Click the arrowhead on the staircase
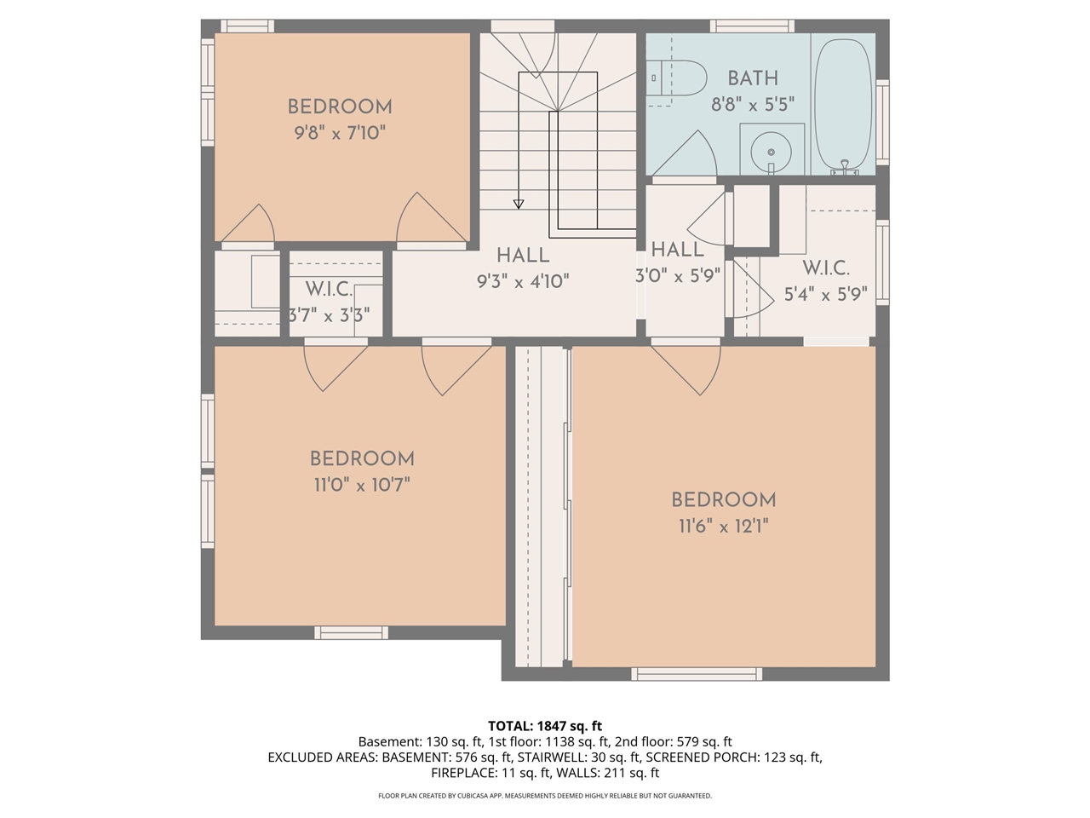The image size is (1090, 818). click(519, 204)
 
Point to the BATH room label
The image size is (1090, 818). click(753, 78)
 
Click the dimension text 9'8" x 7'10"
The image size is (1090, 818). click(340, 133)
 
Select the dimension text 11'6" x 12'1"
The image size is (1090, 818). click(723, 527)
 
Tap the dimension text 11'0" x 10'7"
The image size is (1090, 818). click(362, 485)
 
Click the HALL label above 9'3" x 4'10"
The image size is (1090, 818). click(523, 255)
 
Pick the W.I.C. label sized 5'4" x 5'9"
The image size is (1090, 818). click(825, 268)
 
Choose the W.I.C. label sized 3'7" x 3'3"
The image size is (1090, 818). click(329, 290)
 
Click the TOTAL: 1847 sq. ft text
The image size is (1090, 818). click(545, 726)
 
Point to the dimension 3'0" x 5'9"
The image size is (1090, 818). click(678, 276)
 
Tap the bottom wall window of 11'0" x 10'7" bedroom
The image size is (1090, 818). click(351, 632)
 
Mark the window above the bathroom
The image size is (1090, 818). click(752, 26)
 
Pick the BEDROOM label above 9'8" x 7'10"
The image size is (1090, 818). click(340, 107)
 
